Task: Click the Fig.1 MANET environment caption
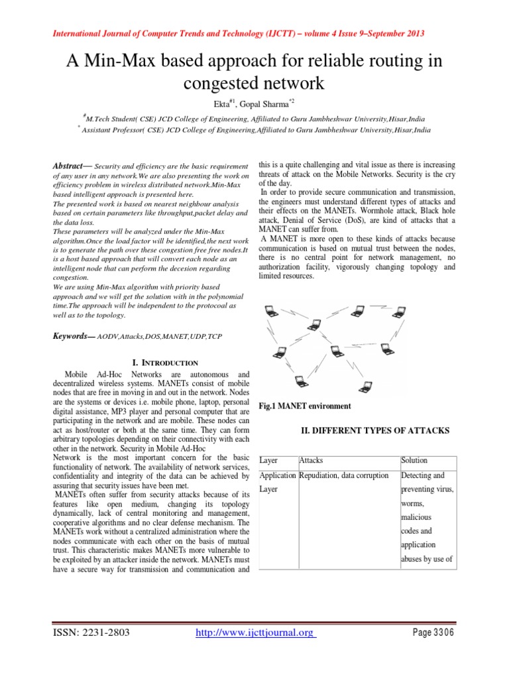pyautogui.click(x=305, y=406)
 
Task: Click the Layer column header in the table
pyautogui.click(x=268, y=460)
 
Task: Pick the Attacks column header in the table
pyautogui.click(x=311, y=460)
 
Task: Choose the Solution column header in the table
pyautogui.click(x=414, y=460)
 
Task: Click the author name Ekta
pyautogui.click(x=220, y=102)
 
